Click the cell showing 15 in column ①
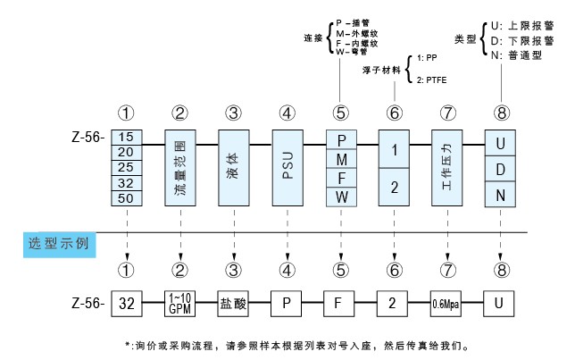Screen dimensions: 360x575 point(126,138)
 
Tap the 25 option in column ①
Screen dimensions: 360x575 point(126,166)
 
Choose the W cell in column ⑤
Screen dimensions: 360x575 point(340,195)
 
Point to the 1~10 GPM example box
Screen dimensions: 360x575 point(180,302)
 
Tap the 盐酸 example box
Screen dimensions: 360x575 point(233,302)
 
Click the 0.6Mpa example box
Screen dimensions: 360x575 point(446,302)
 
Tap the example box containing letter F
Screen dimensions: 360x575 point(340,302)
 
